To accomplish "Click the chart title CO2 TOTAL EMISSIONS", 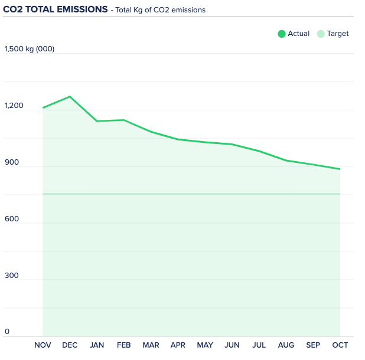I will (56, 9).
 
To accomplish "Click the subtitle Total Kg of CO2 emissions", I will (160, 10).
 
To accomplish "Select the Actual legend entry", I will (294, 34).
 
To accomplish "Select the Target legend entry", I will (333, 34).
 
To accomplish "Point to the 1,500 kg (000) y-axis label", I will (30, 49).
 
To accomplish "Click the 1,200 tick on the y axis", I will (14, 106).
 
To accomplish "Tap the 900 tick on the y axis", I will (12, 162).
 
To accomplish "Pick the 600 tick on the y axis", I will (12, 219).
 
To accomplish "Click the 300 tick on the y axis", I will (12, 276).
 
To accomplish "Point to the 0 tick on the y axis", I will (7, 332).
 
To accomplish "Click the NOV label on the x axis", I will (43, 345).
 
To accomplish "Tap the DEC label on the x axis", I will (70, 345).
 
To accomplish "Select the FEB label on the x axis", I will (124, 345).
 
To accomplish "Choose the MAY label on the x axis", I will (205, 345).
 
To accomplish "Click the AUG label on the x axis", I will (286, 345).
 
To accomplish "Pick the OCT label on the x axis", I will (340, 345).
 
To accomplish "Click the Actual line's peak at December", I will (70, 96).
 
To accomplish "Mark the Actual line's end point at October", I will (340, 169).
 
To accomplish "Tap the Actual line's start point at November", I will (43, 108).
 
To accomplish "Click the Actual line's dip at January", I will (97, 121).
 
